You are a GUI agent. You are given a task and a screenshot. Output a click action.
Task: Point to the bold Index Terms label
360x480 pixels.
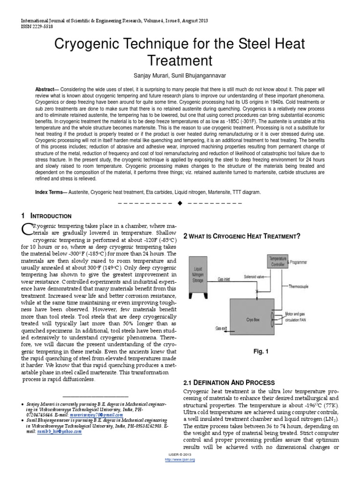(50, 192)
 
